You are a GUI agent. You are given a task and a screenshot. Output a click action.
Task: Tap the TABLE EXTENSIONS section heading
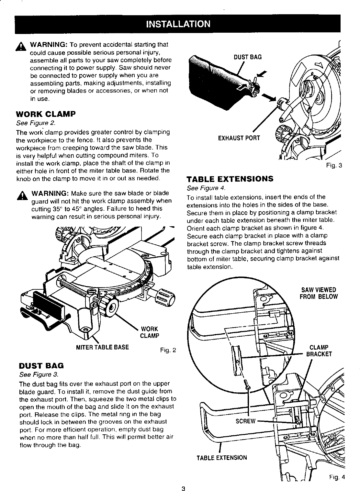click(230, 179)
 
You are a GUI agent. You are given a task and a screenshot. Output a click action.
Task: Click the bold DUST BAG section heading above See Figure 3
click(41, 366)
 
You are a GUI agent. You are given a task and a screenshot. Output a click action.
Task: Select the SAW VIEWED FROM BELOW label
click(319, 293)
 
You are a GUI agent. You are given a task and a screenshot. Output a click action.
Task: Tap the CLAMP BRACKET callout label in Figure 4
click(319, 351)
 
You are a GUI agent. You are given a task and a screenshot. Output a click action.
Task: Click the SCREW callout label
click(246, 421)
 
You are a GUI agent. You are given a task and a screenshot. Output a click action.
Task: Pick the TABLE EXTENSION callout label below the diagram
click(222, 457)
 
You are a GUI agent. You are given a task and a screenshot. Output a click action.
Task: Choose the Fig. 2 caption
click(168, 350)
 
